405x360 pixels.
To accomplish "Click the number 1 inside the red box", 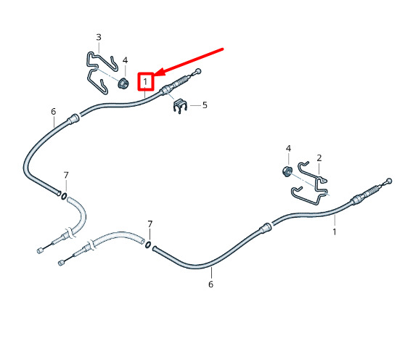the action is click(145, 82).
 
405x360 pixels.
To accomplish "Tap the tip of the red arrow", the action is click(155, 75).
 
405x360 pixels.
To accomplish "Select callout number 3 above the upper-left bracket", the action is click(99, 38).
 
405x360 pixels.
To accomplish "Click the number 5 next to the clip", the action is click(205, 105).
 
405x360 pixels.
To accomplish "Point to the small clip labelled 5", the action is click(180, 106).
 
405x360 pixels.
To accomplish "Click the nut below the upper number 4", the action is click(123, 83).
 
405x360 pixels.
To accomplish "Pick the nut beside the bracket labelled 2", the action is click(287, 172).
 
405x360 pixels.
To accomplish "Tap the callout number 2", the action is click(319, 158).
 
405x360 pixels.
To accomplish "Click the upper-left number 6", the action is click(53, 112).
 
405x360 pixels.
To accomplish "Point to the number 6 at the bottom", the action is click(210, 285).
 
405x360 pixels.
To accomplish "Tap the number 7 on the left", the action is click(66, 176).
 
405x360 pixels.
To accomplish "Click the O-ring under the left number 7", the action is click(64, 196).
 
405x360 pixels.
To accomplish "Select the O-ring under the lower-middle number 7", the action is click(148, 245).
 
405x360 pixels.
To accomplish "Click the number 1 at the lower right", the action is click(335, 232).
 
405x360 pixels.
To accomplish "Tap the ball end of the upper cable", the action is click(198, 71).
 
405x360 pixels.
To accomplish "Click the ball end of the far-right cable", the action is click(389, 181).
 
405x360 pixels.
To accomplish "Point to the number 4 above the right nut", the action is click(288, 149).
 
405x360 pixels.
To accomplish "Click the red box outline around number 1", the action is click(138, 81).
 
